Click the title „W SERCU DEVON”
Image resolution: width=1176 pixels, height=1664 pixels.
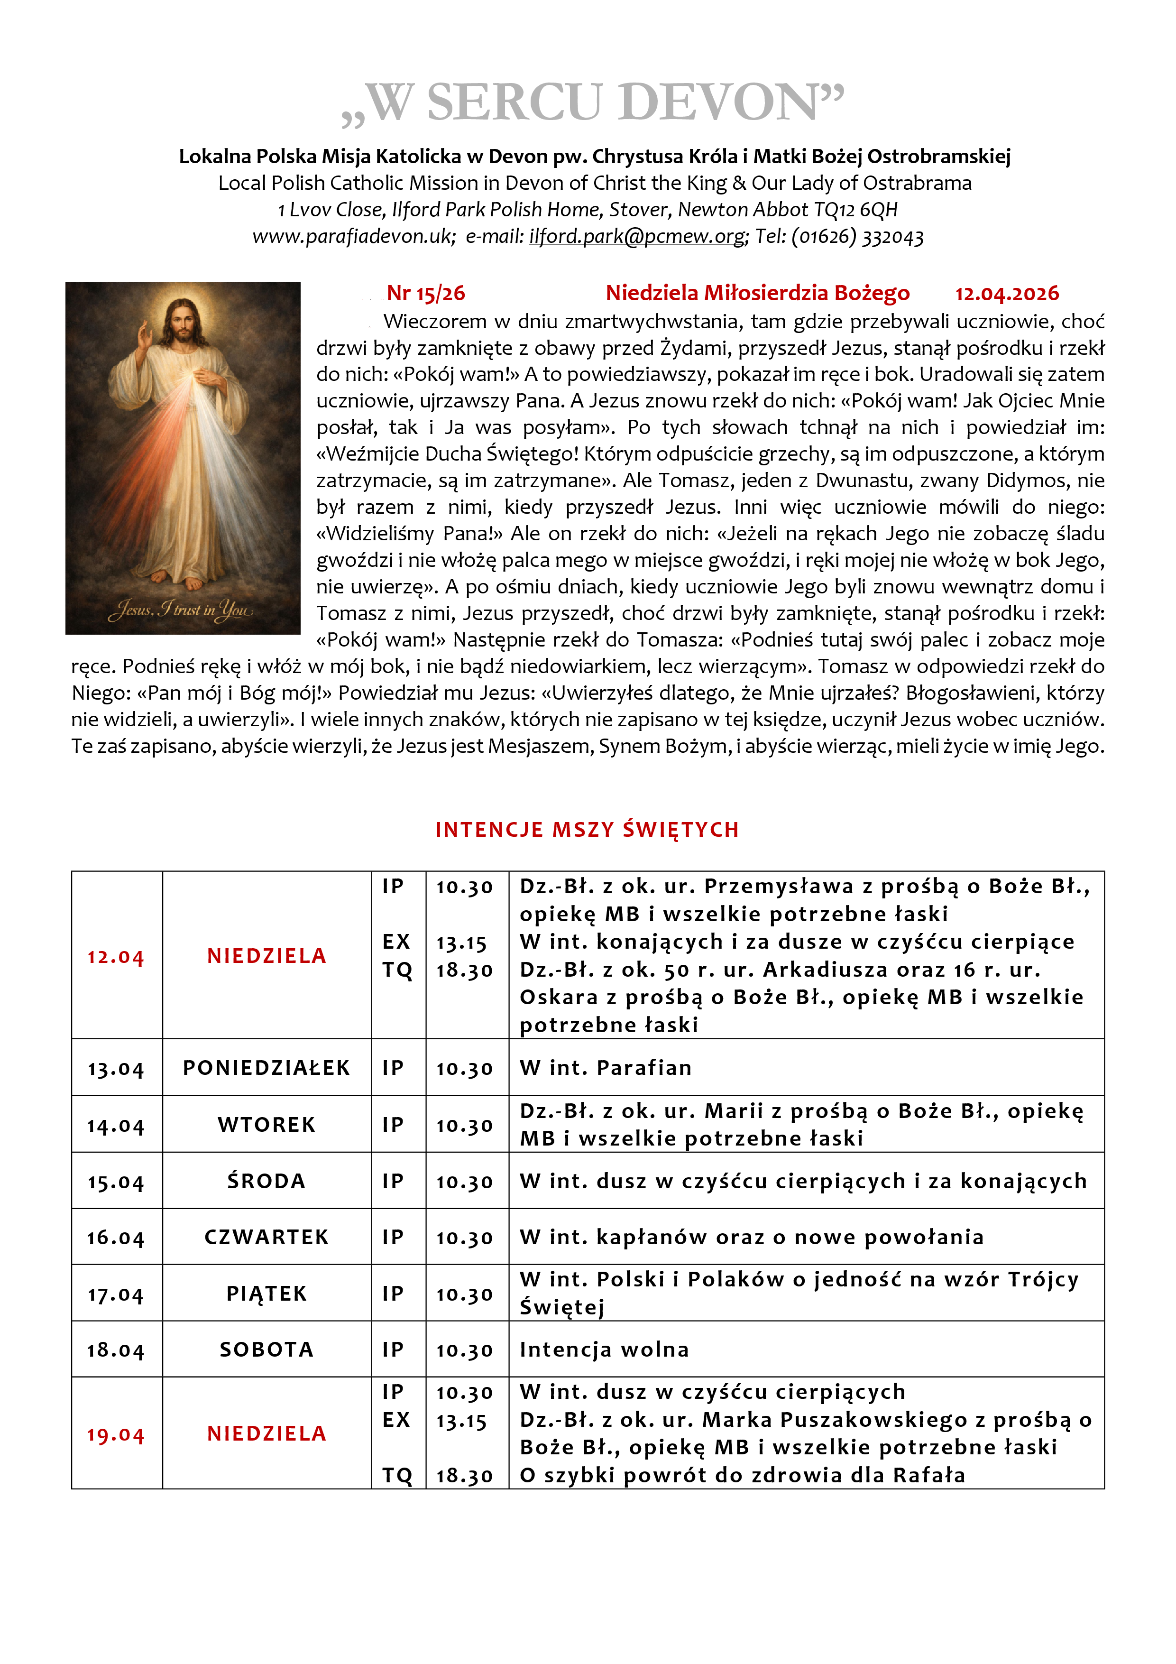[x=593, y=103]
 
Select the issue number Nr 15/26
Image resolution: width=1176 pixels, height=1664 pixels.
[x=426, y=294]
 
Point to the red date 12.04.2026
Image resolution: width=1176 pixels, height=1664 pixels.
[x=1006, y=294]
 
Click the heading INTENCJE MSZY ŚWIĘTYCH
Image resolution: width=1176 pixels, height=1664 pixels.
[x=587, y=830]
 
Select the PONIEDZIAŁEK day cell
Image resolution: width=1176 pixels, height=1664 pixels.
[x=266, y=1068]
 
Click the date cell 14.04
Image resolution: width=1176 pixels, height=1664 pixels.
[x=116, y=1126]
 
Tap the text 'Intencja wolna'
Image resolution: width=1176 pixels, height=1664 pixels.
[x=604, y=1350]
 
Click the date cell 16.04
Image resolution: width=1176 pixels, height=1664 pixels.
[x=116, y=1238]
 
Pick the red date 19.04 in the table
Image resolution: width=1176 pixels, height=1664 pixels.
[x=116, y=1435]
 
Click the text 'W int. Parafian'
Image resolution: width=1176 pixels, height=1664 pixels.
[x=606, y=1068]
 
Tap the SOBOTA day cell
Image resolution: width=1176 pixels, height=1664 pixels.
[x=266, y=1350]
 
